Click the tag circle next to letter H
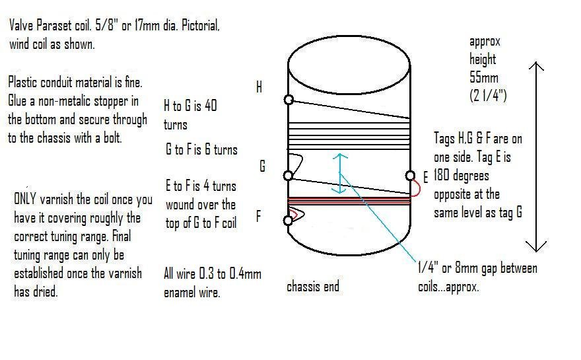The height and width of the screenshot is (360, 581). coord(289,100)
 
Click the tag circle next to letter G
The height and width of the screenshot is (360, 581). coord(288,175)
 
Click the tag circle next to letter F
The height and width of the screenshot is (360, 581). coord(288,221)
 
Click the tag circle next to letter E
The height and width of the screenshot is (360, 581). coord(410,175)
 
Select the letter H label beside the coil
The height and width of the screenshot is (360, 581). coord(259,87)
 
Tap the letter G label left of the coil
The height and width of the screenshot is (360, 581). coord(262,166)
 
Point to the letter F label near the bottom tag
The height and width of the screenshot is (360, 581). coord(258,216)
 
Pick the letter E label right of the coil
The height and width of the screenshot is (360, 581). coord(425,177)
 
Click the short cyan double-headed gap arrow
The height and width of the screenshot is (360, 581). coord(339,174)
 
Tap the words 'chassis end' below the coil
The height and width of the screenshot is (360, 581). coord(313,286)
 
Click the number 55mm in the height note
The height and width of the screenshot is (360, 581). coord(483,77)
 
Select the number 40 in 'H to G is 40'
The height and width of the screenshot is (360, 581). coord(211,105)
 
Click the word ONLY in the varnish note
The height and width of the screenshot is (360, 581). coord(25,199)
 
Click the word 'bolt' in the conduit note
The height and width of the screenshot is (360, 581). coord(113,138)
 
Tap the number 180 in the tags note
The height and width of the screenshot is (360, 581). coord(441,175)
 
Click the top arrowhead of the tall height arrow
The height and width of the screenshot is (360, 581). coord(536,66)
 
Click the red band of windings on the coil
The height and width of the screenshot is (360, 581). coord(349,201)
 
